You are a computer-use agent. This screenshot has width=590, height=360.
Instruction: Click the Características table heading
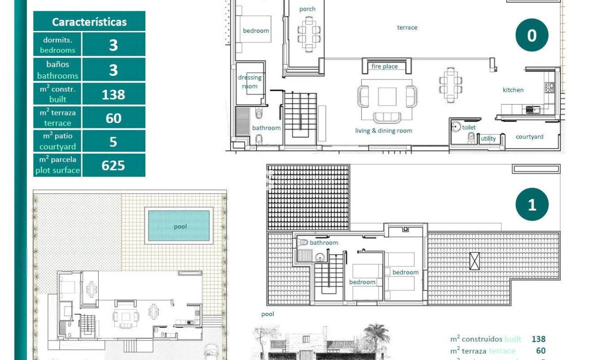(89, 22)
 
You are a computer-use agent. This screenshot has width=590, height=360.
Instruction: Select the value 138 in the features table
(114, 94)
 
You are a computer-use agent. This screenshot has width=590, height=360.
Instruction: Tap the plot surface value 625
(114, 165)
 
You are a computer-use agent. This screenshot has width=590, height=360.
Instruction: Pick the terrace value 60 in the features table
(114, 118)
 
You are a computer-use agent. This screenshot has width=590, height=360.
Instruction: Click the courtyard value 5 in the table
(114, 142)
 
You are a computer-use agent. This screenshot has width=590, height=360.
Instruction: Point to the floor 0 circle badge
(532, 35)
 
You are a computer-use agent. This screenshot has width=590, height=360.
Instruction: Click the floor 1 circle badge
(532, 205)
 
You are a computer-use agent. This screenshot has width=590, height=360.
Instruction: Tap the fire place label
(385, 66)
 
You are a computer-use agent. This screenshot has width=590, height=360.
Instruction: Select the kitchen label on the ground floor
(513, 90)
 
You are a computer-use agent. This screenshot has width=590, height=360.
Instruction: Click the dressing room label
(249, 82)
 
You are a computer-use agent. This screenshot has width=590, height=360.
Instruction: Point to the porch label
(307, 9)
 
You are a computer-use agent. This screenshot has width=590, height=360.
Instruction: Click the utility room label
(488, 139)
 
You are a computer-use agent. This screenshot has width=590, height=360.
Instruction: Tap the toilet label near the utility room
(469, 127)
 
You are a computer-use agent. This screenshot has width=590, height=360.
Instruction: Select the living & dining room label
(383, 131)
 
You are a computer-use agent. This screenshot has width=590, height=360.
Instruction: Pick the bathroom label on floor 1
(323, 243)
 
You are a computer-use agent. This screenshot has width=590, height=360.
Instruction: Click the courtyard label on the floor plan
(529, 137)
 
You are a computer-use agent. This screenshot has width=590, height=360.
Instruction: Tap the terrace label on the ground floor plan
(407, 27)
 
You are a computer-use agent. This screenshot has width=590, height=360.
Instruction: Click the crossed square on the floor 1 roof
(474, 261)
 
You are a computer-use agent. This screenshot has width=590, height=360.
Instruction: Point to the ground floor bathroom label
(266, 128)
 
